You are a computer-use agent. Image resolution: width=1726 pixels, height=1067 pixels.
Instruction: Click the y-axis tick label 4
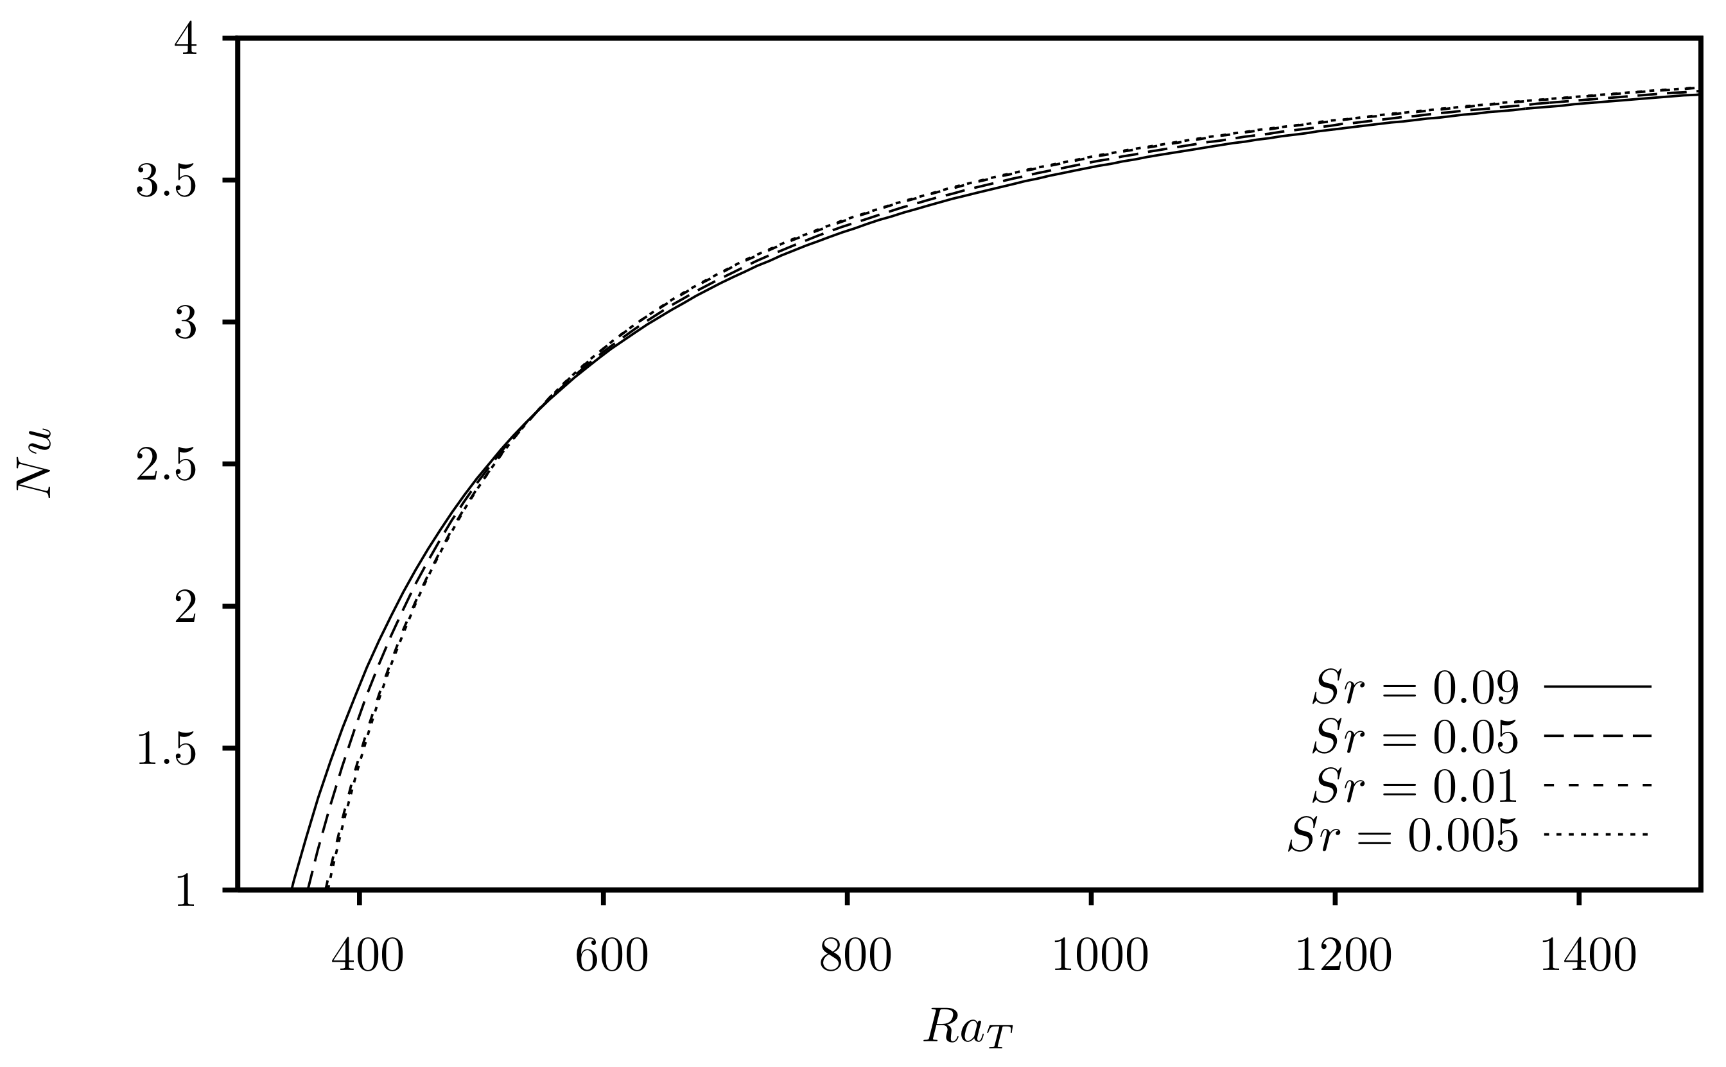tap(186, 40)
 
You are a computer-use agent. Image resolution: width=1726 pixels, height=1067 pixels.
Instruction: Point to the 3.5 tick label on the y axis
tap(165, 182)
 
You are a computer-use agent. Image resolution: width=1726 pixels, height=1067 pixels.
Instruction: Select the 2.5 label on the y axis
tap(165, 465)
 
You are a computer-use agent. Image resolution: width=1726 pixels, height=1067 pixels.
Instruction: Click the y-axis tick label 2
tap(186, 607)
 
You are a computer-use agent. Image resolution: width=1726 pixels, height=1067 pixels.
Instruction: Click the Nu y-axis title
tap(34, 463)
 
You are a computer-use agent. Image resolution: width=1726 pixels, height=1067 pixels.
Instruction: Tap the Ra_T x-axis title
tap(968, 1028)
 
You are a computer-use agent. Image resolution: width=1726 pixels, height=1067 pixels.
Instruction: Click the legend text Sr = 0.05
tap(1414, 737)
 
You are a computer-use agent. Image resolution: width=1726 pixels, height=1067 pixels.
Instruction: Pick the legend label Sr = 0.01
tap(1414, 786)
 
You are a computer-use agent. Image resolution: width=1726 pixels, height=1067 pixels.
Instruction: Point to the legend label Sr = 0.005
tap(1402, 837)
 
